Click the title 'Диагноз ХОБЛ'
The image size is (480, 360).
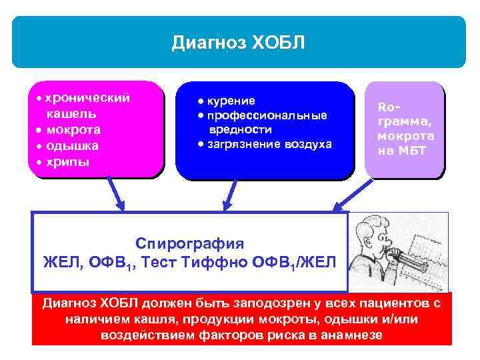click(238, 43)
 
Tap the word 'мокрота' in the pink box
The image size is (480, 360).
click(73, 129)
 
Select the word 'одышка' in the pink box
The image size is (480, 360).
click(71, 145)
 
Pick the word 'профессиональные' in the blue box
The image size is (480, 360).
click(267, 115)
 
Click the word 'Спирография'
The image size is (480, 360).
click(190, 243)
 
